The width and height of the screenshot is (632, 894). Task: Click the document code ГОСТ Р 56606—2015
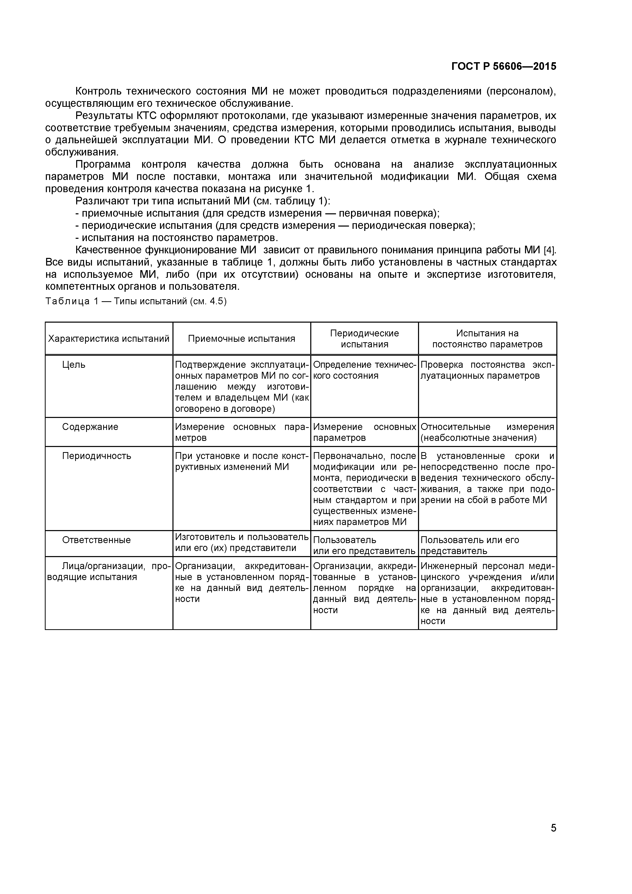[504, 67]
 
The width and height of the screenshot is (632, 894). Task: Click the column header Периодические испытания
[364, 339]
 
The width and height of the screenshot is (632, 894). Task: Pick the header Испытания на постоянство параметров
[487, 339]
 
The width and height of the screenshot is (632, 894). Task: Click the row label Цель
[74, 365]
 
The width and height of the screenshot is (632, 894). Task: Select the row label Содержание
[90, 427]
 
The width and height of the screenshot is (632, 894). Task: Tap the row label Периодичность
[97, 456]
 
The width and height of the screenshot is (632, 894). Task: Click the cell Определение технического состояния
[364, 370]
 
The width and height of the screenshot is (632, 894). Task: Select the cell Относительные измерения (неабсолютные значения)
[487, 432]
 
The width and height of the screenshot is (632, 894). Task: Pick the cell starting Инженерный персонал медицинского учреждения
[487, 593]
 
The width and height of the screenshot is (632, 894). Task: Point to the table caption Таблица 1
[136, 301]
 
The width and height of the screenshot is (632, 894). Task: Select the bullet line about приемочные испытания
[257, 213]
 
